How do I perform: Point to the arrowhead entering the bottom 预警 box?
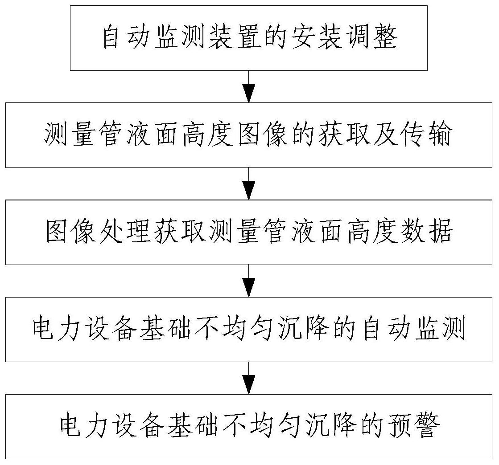249,383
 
